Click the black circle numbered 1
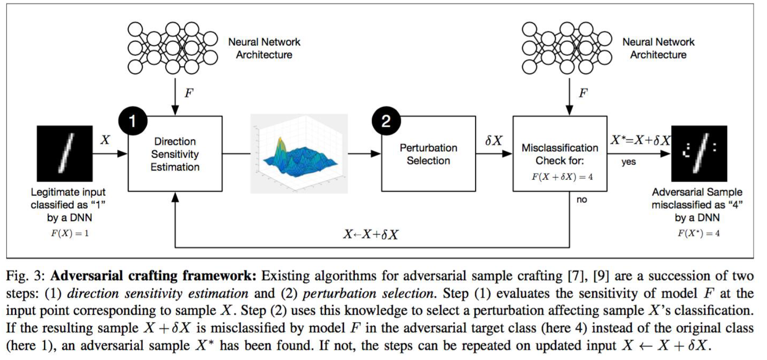pyautogui.click(x=133, y=121)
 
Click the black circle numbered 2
pyautogui.click(x=386, y=121)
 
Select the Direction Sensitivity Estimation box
pyautogui.click(x=175, y=154)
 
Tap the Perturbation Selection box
pyautogui.click(x=428, y=154)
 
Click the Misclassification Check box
pyautogui.click(x=559, y=154)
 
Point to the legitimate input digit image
pyautogui.click(x=65, y=153)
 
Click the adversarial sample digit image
pyautogui.click(x=699, y=153)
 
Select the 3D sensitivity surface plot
pyautogui.click(x=299, y=153)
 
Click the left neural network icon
pyautogui.click(x=172, y=48)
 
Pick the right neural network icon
pyautogui.click(x=566, y=48)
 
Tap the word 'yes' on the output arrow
pyautogui.click(x=629, y=162)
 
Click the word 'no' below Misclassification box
pyautogui.click(x=582, y=200)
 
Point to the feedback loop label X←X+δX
pyautogui.click(x=370, y=234)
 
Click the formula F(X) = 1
pyautogui.click(x=70, y=233)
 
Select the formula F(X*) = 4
pyautogui.click(x=699, y=233)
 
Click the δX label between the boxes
pyautogui.click(x=494, y=140)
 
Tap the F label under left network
pyautogui.click(x=188, y=93)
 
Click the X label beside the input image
pyautogui.click(x=105, y=139)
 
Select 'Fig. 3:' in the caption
pyautogui.click(x=26, y=276)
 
